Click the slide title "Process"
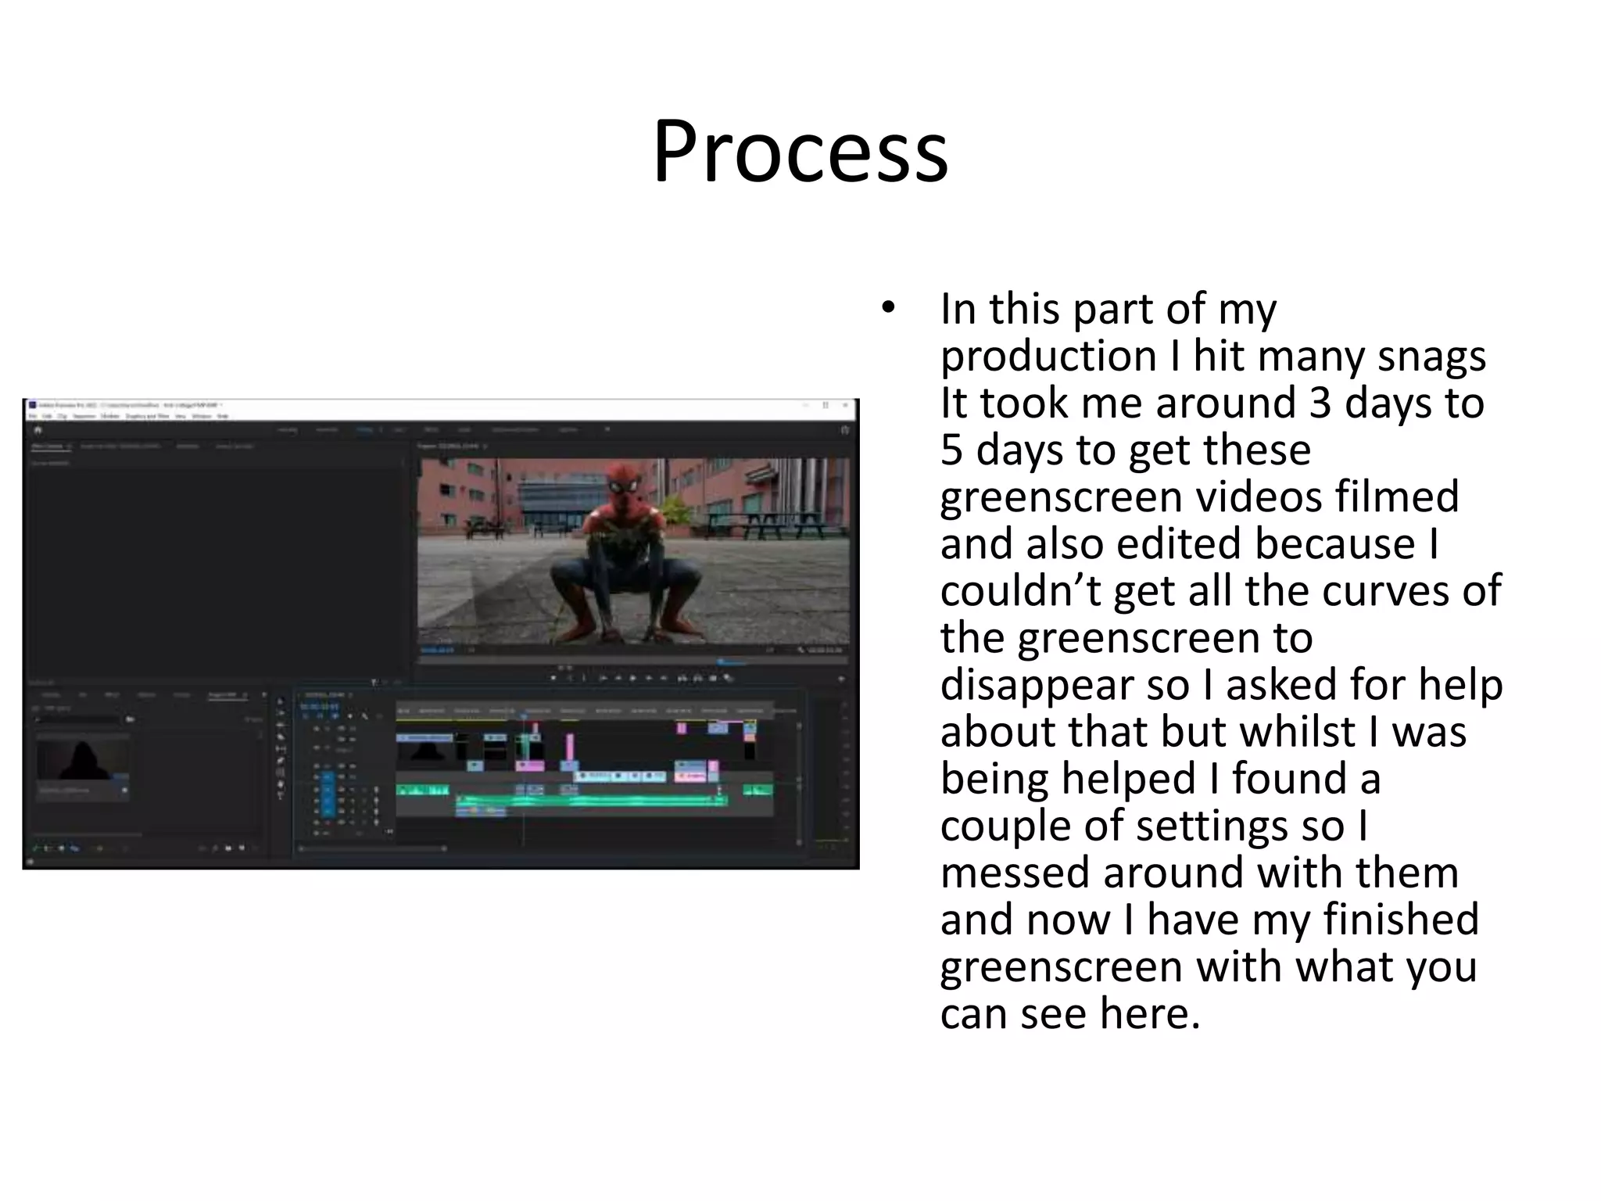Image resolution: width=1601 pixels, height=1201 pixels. (800, 152)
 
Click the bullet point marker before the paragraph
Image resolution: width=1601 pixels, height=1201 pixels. (886, 308)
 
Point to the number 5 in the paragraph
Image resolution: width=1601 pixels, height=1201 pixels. (951, 450)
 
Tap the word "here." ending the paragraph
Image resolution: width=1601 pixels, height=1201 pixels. (1149, 1014)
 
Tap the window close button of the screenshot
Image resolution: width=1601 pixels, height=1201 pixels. (845, 406)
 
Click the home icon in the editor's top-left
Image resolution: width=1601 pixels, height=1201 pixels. (38, 430)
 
